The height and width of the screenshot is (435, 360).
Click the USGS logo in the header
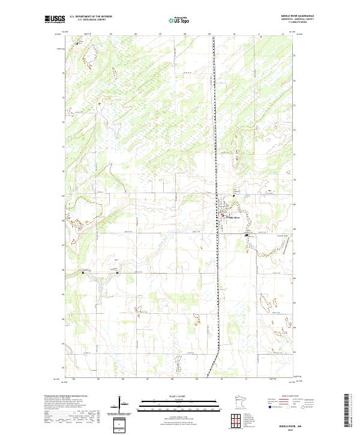click(55, 19)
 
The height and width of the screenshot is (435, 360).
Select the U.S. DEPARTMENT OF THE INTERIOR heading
click(91, 16)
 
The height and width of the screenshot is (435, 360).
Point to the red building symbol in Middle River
click(226, 217)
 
